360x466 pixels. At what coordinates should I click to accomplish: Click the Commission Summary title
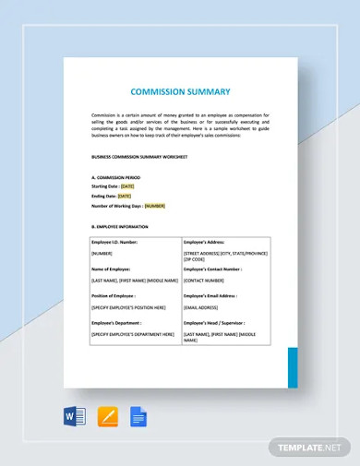(x=180, y=92)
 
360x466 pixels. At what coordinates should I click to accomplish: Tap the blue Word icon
(x=75, y=416)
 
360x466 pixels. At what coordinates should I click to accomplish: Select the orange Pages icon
(x=107, y=416)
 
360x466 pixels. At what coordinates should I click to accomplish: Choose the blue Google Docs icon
(x=139, y=416)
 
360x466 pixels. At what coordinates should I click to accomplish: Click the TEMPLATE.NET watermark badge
(x=308, y=448)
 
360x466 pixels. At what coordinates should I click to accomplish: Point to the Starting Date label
(x=105, y=185)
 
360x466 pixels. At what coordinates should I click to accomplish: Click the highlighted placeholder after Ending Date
(x=125, y=196)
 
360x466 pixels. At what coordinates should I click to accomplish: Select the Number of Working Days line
(x=127, y=206)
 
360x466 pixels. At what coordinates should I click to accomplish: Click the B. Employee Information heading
(x=119, y=226)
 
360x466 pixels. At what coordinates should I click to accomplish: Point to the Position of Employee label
(x=114, y=296)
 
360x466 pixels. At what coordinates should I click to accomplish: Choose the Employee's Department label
(x=117, y=324)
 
